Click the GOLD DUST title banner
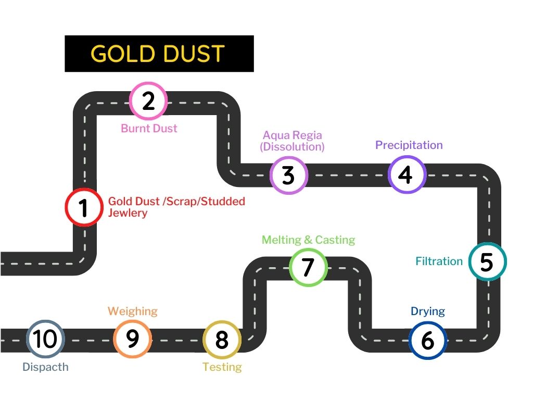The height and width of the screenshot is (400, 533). [x=159, y=54]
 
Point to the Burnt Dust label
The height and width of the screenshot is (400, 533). [x=149, y=128]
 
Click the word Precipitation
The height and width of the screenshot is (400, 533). [x=409, y=145]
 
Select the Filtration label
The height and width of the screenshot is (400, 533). [x=439, y=261]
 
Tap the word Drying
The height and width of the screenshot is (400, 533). [x=428, y=311]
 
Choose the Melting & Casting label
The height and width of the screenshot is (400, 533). [x=308, y=240]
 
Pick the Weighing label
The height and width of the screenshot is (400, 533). [x=133, y=311]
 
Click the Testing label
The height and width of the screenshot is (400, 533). [x=222, y=367]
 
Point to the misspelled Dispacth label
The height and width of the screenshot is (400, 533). [x=46, y=367]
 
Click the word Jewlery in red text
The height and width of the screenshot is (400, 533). [x=128, y=213]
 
